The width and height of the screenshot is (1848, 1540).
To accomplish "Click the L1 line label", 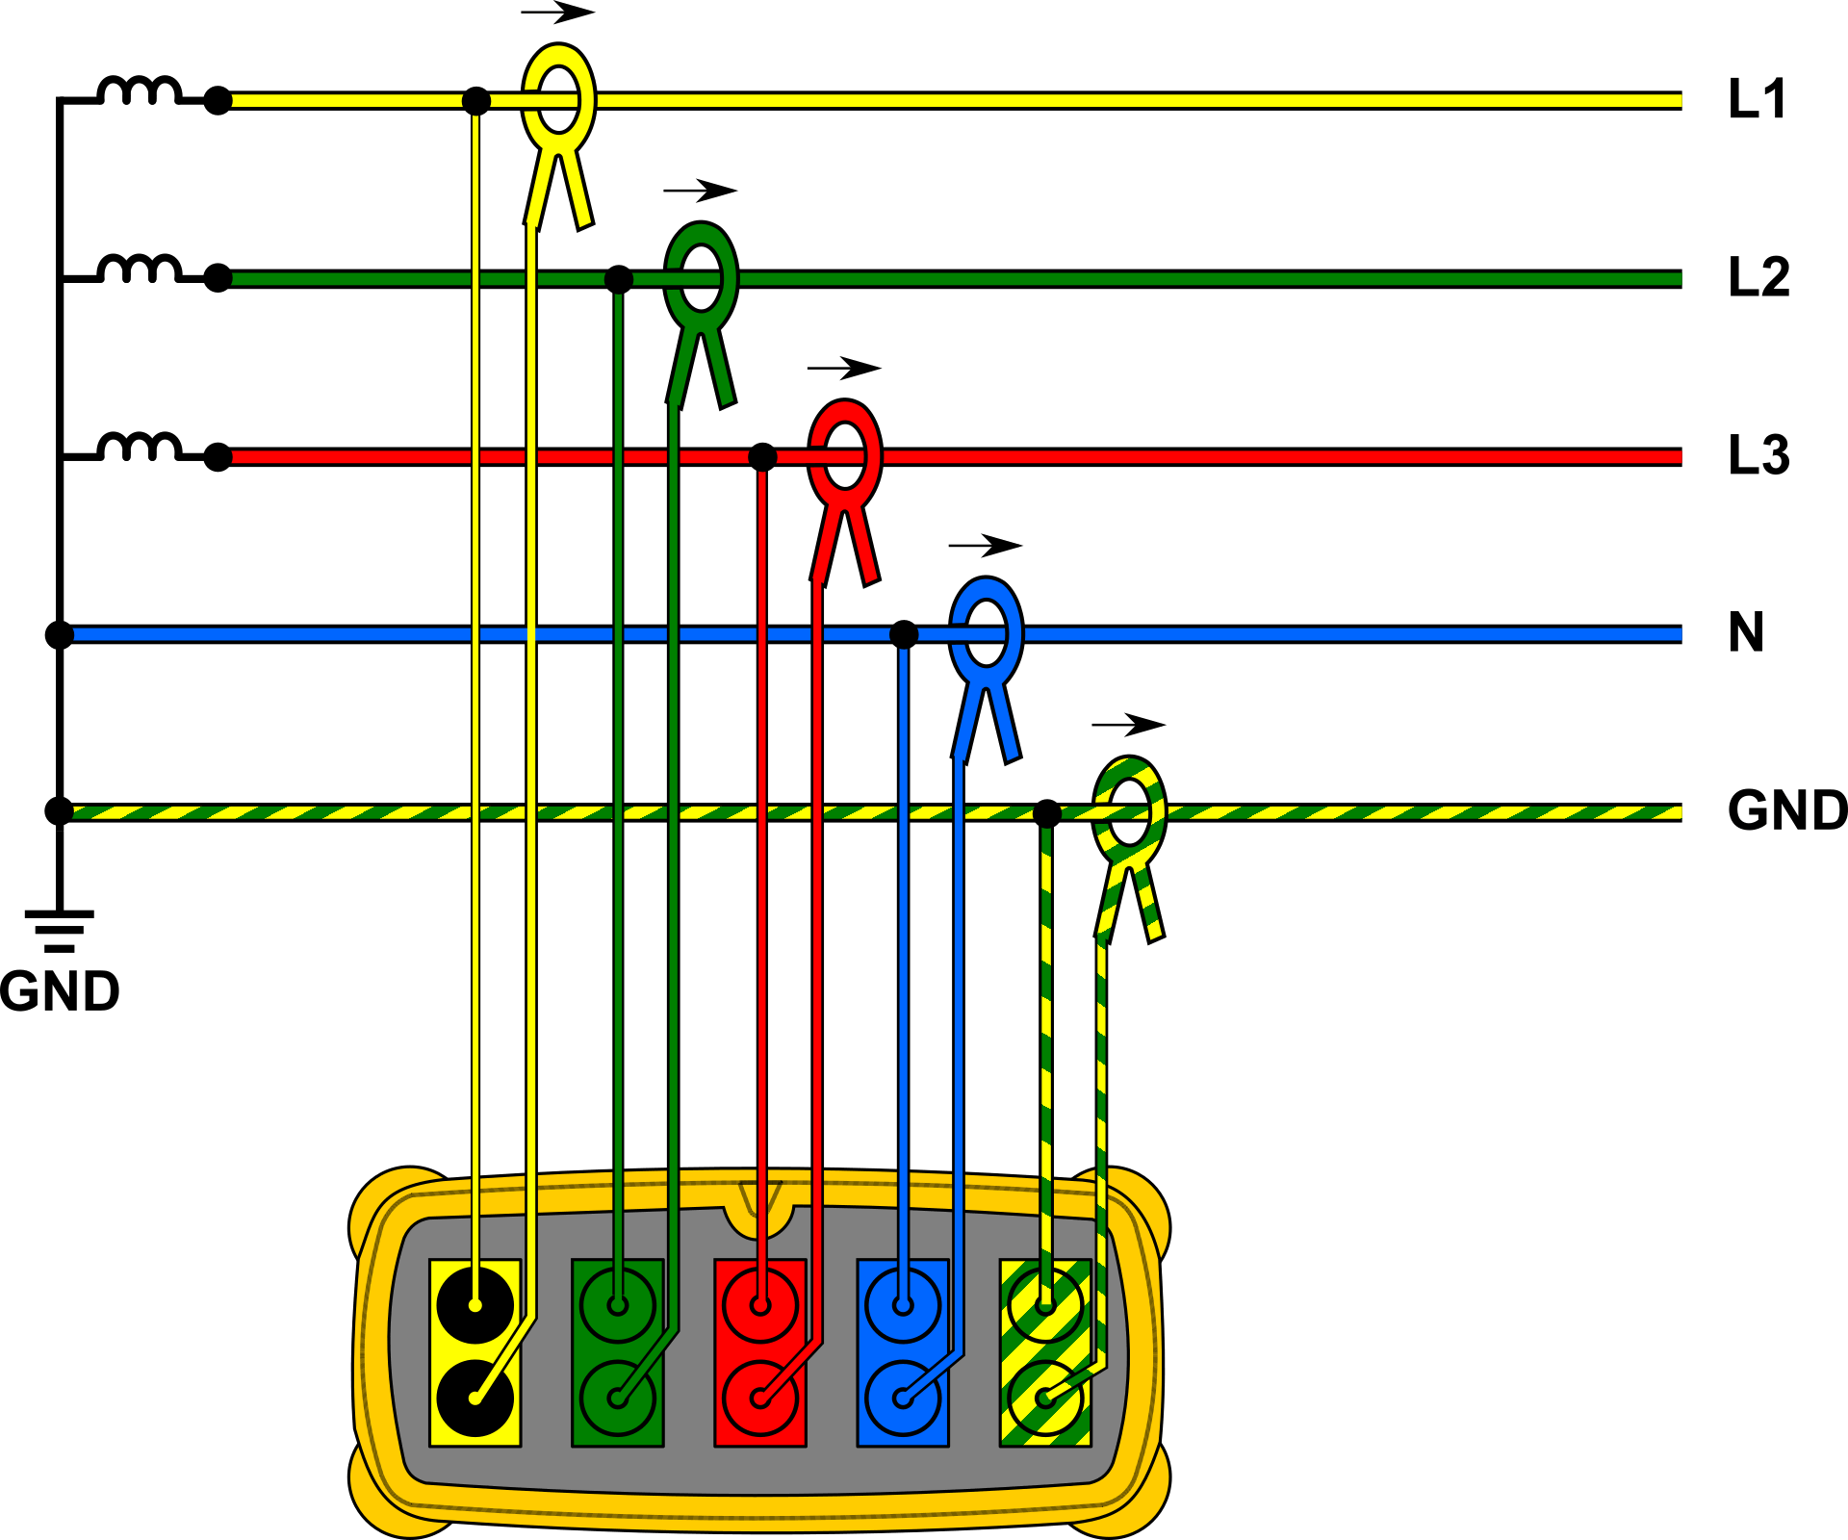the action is point(1758,99).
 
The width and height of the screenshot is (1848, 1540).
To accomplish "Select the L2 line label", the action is point(1759,277).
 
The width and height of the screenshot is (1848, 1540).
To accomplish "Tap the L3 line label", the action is point(1759,455).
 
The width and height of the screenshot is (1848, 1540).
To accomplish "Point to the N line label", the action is point(1746,632).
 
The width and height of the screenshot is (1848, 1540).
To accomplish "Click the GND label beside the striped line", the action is point(1787,810).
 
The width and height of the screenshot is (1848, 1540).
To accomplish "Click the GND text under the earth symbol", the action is point(60,991).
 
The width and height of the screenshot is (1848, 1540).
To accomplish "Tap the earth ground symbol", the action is point(60,930).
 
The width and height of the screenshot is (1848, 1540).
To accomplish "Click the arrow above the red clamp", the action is point(844,368).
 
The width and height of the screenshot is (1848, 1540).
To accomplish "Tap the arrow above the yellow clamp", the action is point(558,13).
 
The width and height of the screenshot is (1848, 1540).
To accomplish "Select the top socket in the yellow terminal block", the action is point(475,1305).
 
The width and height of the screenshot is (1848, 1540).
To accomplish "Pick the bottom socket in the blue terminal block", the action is point(902,1398).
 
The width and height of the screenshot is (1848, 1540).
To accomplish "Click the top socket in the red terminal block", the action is point(760,1305).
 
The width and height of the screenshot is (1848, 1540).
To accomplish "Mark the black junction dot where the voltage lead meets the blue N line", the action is point(904,634).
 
